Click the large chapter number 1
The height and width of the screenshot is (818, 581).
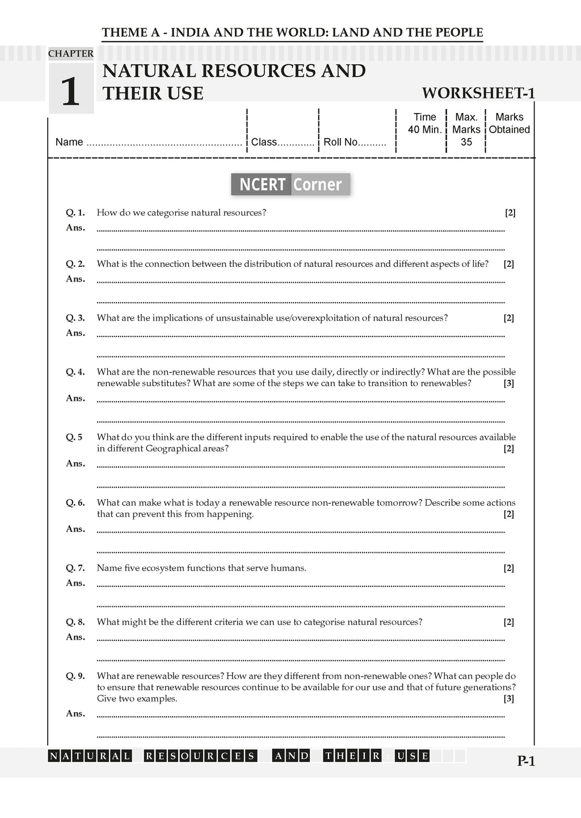click(70, 91)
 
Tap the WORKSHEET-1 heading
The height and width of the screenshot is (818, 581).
click(478, 93)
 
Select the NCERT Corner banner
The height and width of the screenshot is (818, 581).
click(290, 184)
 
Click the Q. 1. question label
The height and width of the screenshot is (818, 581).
click(75, 213)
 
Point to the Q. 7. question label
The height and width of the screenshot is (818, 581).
click(75, 568)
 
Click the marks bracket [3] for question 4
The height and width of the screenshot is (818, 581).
click(509, 383)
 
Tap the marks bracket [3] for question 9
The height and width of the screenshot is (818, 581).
click(509, 699)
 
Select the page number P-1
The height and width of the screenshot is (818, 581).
click(526, 761)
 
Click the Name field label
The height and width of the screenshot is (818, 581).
click(69, 142)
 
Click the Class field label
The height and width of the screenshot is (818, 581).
click(264, 142)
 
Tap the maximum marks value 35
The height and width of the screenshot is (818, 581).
click(466, 142)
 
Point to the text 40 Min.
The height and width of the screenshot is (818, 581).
click(424, 129)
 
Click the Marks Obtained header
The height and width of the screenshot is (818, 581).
click(510, 123)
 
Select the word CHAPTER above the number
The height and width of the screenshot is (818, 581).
click(71, 54)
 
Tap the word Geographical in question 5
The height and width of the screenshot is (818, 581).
click(172, 448)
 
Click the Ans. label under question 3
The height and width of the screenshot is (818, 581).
click(75, 333)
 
